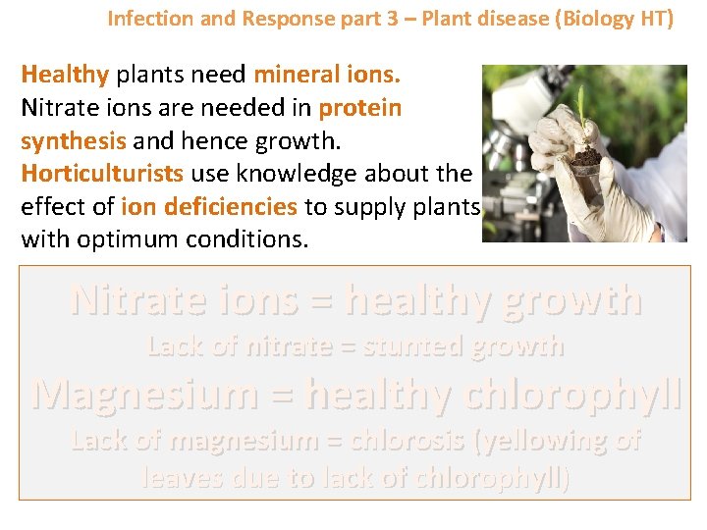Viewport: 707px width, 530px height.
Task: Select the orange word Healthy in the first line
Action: (65, 75)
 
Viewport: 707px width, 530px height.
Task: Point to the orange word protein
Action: (359, 108)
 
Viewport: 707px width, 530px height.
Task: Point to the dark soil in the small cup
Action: (587, 156)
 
